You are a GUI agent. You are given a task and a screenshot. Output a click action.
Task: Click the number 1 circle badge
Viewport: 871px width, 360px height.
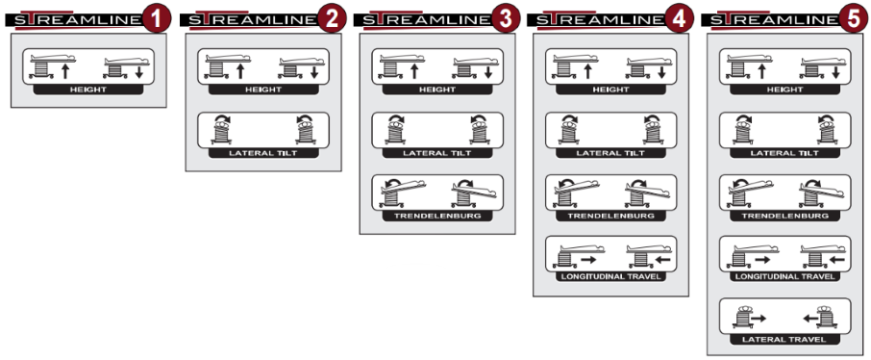[x=157, y=18]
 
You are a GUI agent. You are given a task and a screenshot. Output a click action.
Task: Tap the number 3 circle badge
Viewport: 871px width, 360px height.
[x=505, y=18]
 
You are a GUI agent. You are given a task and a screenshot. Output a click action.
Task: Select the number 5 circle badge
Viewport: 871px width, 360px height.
[x=854, y=18]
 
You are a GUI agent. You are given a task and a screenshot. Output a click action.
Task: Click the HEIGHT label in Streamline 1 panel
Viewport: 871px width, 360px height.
[x=88, y=90]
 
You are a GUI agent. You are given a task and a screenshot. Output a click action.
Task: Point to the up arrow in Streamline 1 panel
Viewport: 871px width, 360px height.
[x=65, y=71]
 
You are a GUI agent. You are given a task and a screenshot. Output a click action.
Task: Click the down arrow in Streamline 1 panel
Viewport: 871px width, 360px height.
[x=138, y=72]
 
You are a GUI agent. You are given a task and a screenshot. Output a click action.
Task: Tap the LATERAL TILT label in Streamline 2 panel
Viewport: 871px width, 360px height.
[x=263, y=153]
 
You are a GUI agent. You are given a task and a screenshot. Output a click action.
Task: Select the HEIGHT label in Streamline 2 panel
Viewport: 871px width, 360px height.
[x=263, y=90]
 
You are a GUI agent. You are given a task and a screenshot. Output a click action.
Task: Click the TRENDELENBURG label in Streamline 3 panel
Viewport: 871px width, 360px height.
[x=437, y=216]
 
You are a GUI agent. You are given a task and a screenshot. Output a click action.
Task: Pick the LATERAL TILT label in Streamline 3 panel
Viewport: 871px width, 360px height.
[x=437, y=153]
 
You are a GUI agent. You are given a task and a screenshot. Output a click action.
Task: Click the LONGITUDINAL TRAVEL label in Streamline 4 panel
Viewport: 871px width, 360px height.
[x=611, y=276]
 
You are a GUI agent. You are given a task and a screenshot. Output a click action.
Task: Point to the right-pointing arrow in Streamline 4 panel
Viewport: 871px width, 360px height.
[x=588, y=260]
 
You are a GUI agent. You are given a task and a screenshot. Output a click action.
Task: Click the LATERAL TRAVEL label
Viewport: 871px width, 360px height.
[x=784, y=340]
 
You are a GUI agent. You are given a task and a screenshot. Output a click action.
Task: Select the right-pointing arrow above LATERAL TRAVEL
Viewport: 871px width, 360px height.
[x=759, y=319]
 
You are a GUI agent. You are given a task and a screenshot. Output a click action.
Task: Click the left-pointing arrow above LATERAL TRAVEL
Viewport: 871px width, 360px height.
[x=810, y=319]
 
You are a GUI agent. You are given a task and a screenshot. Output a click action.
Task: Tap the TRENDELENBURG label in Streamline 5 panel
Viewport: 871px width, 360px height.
[x=784, y=216]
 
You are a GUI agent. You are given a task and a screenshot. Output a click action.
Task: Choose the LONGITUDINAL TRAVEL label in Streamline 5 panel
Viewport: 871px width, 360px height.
[x=784, y=276]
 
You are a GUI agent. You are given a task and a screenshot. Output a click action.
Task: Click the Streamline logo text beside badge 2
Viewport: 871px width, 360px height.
[x=252, y=20]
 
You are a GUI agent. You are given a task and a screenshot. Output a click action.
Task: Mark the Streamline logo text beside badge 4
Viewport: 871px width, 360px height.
[x=600, y=20]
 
